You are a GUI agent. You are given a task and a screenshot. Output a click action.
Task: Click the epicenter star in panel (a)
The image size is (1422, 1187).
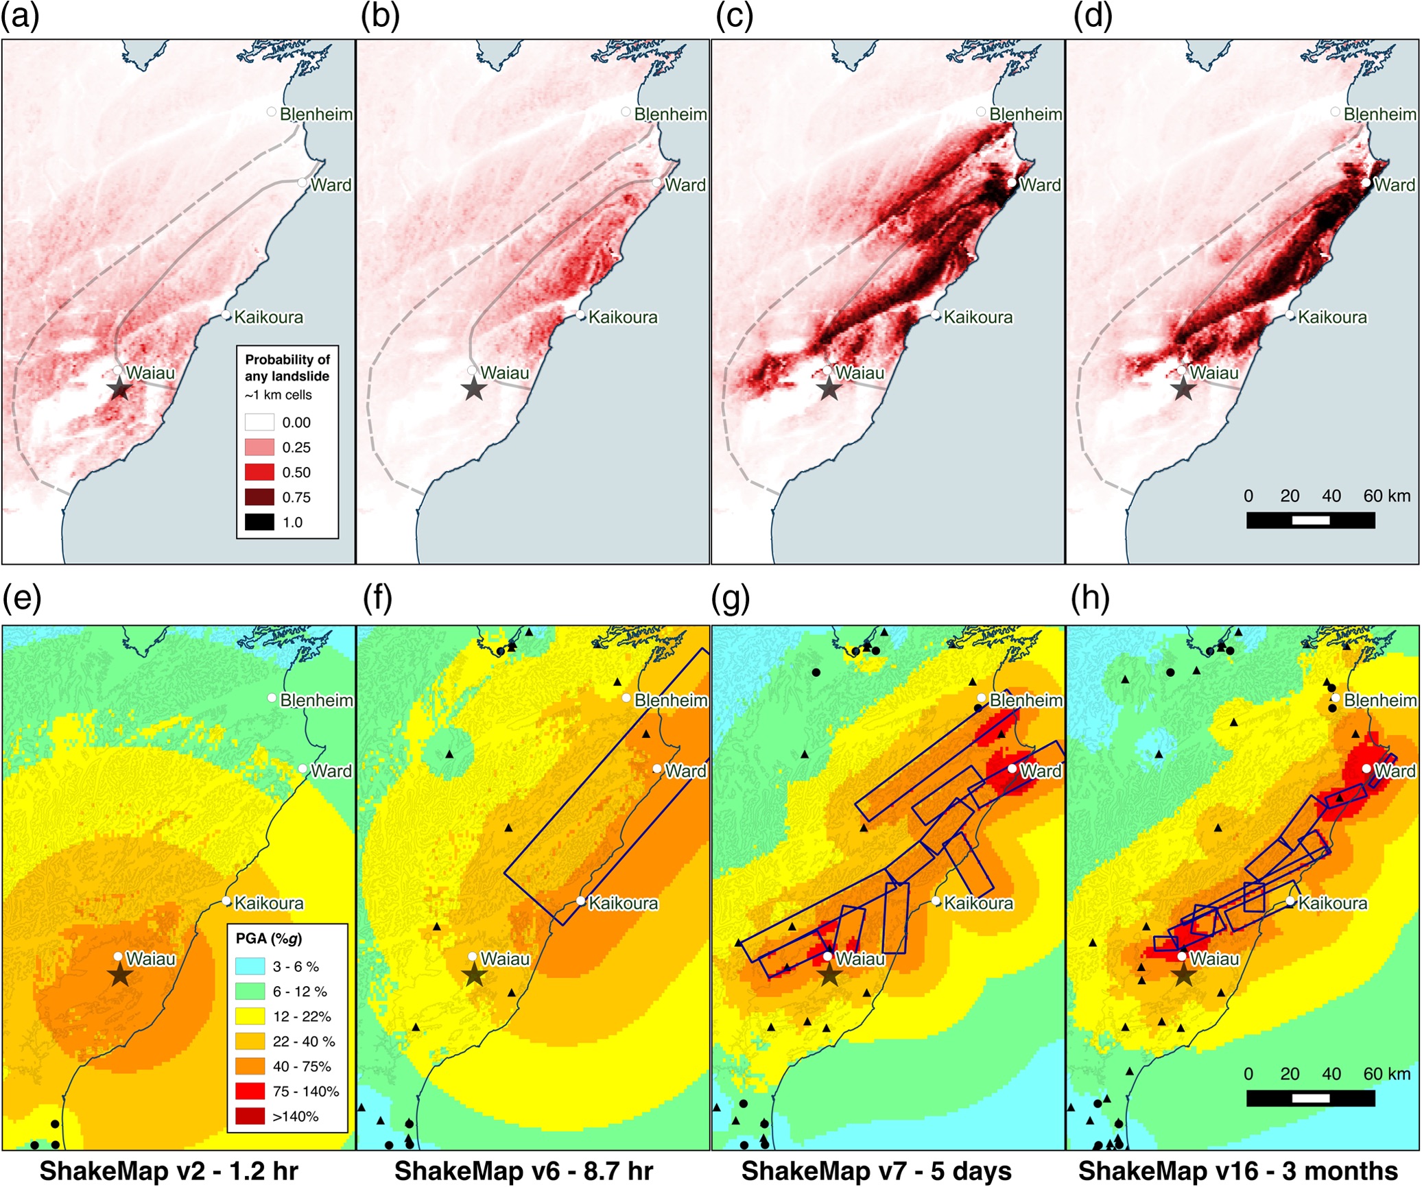point(120,389)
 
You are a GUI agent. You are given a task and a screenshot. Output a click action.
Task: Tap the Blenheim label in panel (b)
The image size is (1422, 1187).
point(670,114)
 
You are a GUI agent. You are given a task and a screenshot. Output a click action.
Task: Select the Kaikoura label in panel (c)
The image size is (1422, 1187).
point(978,317)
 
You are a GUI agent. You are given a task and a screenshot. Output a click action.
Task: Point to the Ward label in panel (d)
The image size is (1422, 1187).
point(1395,185)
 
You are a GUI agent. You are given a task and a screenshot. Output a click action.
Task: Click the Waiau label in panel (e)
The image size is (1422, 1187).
point(151,959)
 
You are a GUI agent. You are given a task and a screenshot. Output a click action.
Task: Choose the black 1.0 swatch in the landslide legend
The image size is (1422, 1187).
point(259,522)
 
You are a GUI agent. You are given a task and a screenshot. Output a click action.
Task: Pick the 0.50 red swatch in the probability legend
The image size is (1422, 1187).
point(259,472)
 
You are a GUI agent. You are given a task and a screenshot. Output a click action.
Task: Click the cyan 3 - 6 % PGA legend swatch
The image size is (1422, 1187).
point(250,966)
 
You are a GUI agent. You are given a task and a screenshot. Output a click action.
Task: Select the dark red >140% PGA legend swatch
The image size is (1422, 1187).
point(250,1116)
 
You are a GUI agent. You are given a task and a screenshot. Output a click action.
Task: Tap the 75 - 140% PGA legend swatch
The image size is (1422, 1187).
point(250,1091)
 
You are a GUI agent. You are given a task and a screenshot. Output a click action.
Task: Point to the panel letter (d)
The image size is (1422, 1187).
point(1093,16)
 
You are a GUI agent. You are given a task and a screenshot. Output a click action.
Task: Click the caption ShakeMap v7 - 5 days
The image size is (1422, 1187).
point(876,1171)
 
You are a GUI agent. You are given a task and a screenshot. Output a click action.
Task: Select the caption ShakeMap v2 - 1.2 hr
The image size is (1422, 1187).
point(169,1171)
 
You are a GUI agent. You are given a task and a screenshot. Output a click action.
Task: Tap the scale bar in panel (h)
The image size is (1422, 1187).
point(1310,1098)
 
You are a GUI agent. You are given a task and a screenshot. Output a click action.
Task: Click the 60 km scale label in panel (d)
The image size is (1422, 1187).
point(1386,496)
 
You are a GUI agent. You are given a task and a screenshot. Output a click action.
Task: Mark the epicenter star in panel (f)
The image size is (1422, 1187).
point(474,974)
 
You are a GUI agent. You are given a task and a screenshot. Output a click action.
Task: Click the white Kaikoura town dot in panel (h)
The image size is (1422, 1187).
point(1290,901)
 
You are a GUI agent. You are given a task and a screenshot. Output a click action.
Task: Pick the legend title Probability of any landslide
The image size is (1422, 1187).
point(287,368)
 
